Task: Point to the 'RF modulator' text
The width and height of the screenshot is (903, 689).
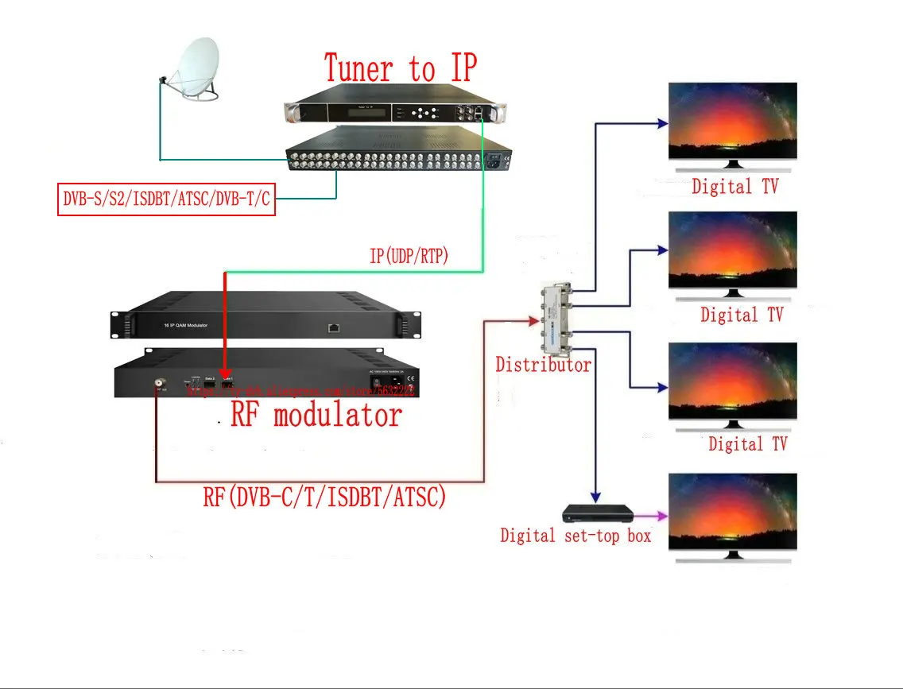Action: pos(316,414)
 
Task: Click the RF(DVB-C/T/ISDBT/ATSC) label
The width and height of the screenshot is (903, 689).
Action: pos(324,498)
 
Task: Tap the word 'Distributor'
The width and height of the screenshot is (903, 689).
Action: pos(543,365)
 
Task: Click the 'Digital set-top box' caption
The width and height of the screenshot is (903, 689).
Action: pos(576,536)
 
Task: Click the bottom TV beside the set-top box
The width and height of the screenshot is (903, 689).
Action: pos(732,512)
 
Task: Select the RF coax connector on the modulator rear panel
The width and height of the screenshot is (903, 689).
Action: pos(160,385)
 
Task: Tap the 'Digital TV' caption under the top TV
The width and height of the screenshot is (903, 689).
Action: pos(734,187)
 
